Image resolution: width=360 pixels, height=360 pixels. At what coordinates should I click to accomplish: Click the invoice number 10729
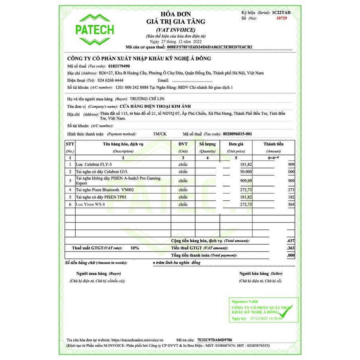point(281,18)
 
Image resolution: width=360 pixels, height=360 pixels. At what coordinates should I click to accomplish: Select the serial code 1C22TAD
point(282,13)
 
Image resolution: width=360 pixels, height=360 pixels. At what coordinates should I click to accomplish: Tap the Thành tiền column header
point(274,144)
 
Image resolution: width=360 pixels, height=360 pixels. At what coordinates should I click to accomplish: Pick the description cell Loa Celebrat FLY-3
point(94,164)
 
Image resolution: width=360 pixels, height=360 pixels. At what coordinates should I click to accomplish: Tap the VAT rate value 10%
point(135,248)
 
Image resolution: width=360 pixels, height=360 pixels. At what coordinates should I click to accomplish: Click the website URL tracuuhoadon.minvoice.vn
point(135,340)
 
